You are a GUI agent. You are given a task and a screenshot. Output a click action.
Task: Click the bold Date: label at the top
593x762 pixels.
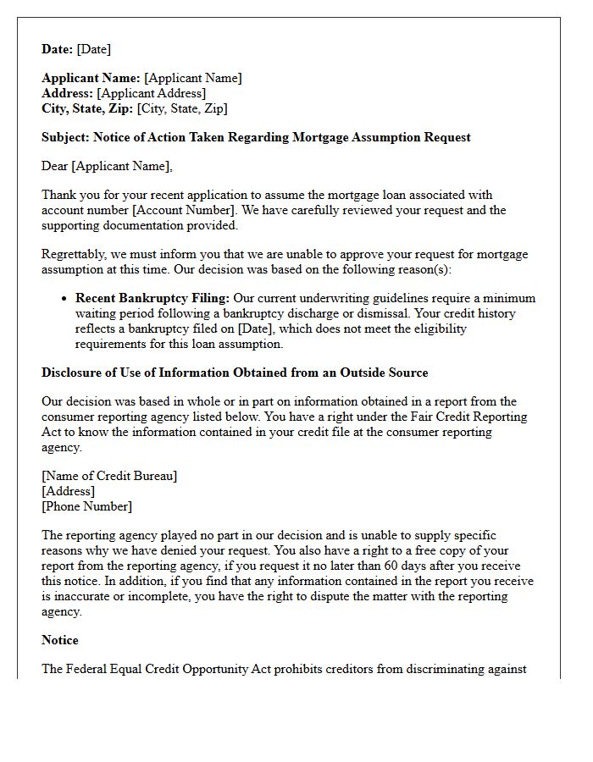pos(58,49)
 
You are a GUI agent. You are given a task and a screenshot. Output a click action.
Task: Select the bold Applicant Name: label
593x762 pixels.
pos(91,78)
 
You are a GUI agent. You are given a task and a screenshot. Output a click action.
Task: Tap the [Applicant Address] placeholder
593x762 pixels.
pos(152,93)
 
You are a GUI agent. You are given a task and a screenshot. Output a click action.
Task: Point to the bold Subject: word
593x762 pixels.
pos(66,137)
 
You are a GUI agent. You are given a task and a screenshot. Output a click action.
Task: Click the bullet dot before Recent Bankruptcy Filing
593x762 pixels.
pos(64,299)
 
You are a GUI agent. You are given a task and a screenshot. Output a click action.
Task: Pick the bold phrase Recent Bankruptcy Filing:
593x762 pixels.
pos(152,298)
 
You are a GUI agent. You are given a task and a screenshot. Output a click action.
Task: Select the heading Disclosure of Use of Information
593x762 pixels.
pos(235,373)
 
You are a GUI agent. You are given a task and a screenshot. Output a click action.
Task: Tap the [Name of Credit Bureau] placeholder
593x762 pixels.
pos(109,476)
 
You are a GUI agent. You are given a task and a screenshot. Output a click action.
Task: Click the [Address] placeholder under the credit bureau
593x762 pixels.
pos(68,491)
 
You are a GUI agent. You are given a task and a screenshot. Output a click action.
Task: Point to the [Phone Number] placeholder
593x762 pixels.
pos(86,506)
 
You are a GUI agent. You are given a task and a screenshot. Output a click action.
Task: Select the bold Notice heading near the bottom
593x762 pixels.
pos(60,640)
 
